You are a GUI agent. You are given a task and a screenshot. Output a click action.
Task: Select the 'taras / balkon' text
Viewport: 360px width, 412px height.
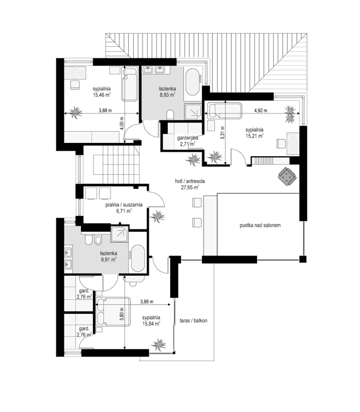193,319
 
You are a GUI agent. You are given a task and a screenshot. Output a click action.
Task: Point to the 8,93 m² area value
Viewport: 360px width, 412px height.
167,95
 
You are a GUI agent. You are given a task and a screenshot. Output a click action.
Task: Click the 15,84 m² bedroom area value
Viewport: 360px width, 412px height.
152,324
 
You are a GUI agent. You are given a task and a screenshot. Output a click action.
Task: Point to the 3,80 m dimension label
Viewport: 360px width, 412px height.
122,314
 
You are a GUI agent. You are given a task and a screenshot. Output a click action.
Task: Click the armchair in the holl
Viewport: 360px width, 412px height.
287,176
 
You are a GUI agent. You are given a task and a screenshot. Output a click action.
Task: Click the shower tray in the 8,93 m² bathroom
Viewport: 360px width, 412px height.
193,111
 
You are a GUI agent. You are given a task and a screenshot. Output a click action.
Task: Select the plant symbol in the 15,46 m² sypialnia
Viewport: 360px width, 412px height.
77,111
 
